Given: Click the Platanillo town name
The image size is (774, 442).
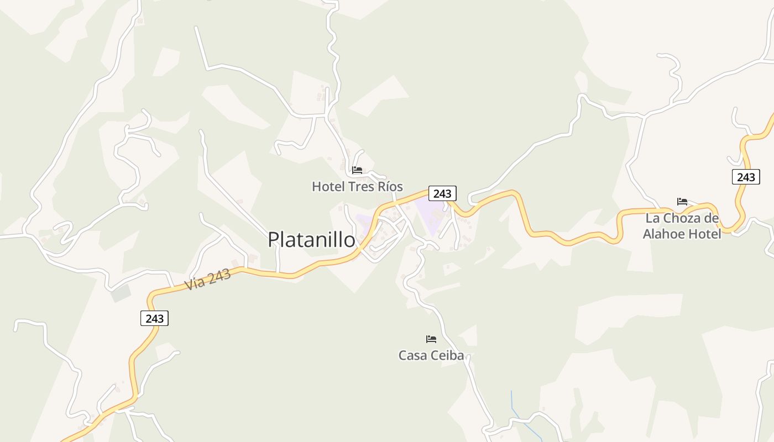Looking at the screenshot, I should point(311,239).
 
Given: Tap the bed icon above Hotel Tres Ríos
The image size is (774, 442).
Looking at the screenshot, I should point(357,170).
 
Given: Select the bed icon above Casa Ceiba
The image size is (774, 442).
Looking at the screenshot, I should point(431,339).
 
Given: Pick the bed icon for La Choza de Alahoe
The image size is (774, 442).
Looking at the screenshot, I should point(682,202).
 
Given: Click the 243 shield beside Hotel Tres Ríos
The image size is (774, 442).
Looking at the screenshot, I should point(442,193).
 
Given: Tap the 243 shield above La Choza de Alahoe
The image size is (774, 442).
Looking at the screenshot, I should point(746,177).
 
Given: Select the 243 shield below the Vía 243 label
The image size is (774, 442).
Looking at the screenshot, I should point(154,318).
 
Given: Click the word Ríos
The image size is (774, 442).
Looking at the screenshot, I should point(390,186).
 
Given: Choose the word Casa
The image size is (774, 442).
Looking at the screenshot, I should point(412,355).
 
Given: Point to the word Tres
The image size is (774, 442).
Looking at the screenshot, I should point(361,186).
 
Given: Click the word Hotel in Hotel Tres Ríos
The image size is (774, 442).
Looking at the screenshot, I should point(328,186).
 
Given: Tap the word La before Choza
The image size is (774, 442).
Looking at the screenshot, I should point(652,218).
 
